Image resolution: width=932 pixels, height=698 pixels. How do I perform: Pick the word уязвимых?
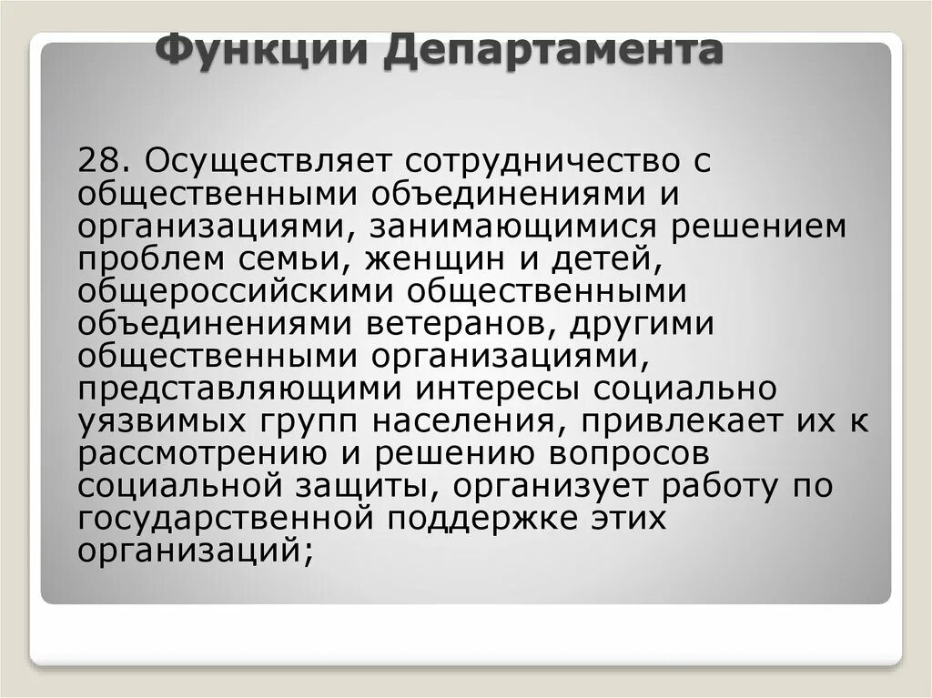168,421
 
